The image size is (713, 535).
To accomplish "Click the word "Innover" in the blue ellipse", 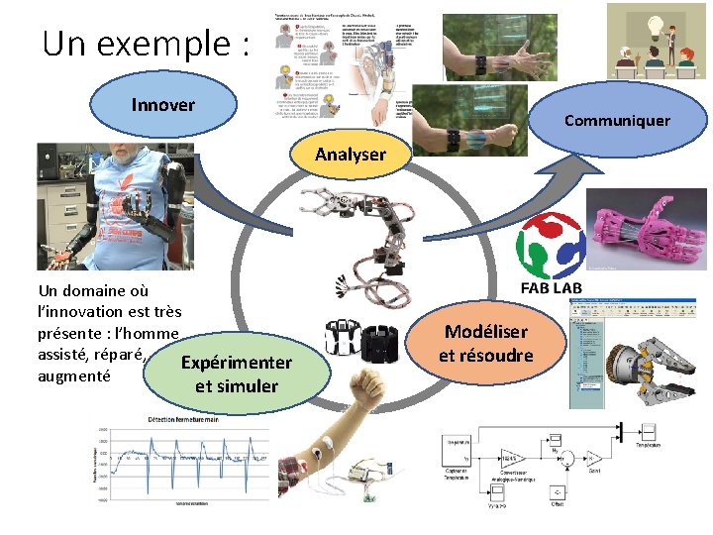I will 163,104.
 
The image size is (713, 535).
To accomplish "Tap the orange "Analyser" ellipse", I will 350,155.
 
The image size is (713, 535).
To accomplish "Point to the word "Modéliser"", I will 486,333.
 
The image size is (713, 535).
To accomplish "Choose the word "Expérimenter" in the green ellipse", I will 237,363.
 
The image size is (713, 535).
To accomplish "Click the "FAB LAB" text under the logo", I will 551,288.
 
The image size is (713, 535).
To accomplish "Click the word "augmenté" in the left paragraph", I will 72,375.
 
